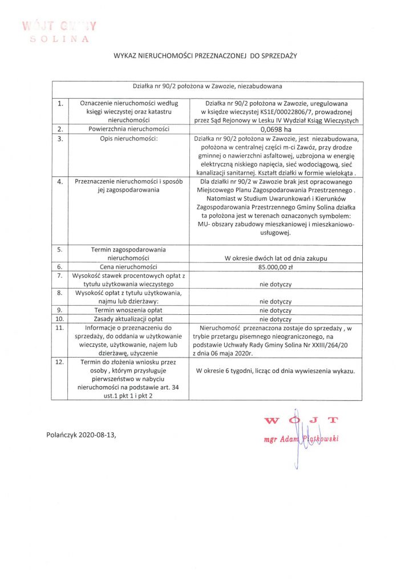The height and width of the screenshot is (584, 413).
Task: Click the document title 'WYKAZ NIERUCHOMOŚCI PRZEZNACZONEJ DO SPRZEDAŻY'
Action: pyautogui.click(x=206, y=56)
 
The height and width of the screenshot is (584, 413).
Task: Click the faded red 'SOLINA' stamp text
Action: pyautogui.click(x=60, y=39)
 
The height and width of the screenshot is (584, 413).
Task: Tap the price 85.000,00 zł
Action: pyautogui.click(x=276, y=266)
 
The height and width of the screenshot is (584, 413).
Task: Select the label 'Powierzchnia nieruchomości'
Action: pyautogui.click(x=128, y=129)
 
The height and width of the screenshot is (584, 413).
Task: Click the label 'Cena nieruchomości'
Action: pyautogui.click(x=128, y=266)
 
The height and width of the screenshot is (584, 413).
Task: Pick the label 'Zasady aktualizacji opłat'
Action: pyautogui.click(x=128, y=319)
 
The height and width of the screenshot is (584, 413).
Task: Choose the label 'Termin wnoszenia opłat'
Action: pyautogui.click(x=128, y=310)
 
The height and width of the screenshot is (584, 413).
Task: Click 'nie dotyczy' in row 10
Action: pyautogui.click(x=276, y=319)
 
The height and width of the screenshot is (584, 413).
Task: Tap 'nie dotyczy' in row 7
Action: pyautogui.click(x=276, y=283)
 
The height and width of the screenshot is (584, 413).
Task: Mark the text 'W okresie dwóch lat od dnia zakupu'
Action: pyautogui.click(x=276, y=258)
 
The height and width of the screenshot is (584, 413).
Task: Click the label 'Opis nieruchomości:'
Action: pyautogui.click(x=128, y=138)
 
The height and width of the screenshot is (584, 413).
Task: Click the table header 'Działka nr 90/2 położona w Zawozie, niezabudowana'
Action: pyautogui.click(x=207, y=87)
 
